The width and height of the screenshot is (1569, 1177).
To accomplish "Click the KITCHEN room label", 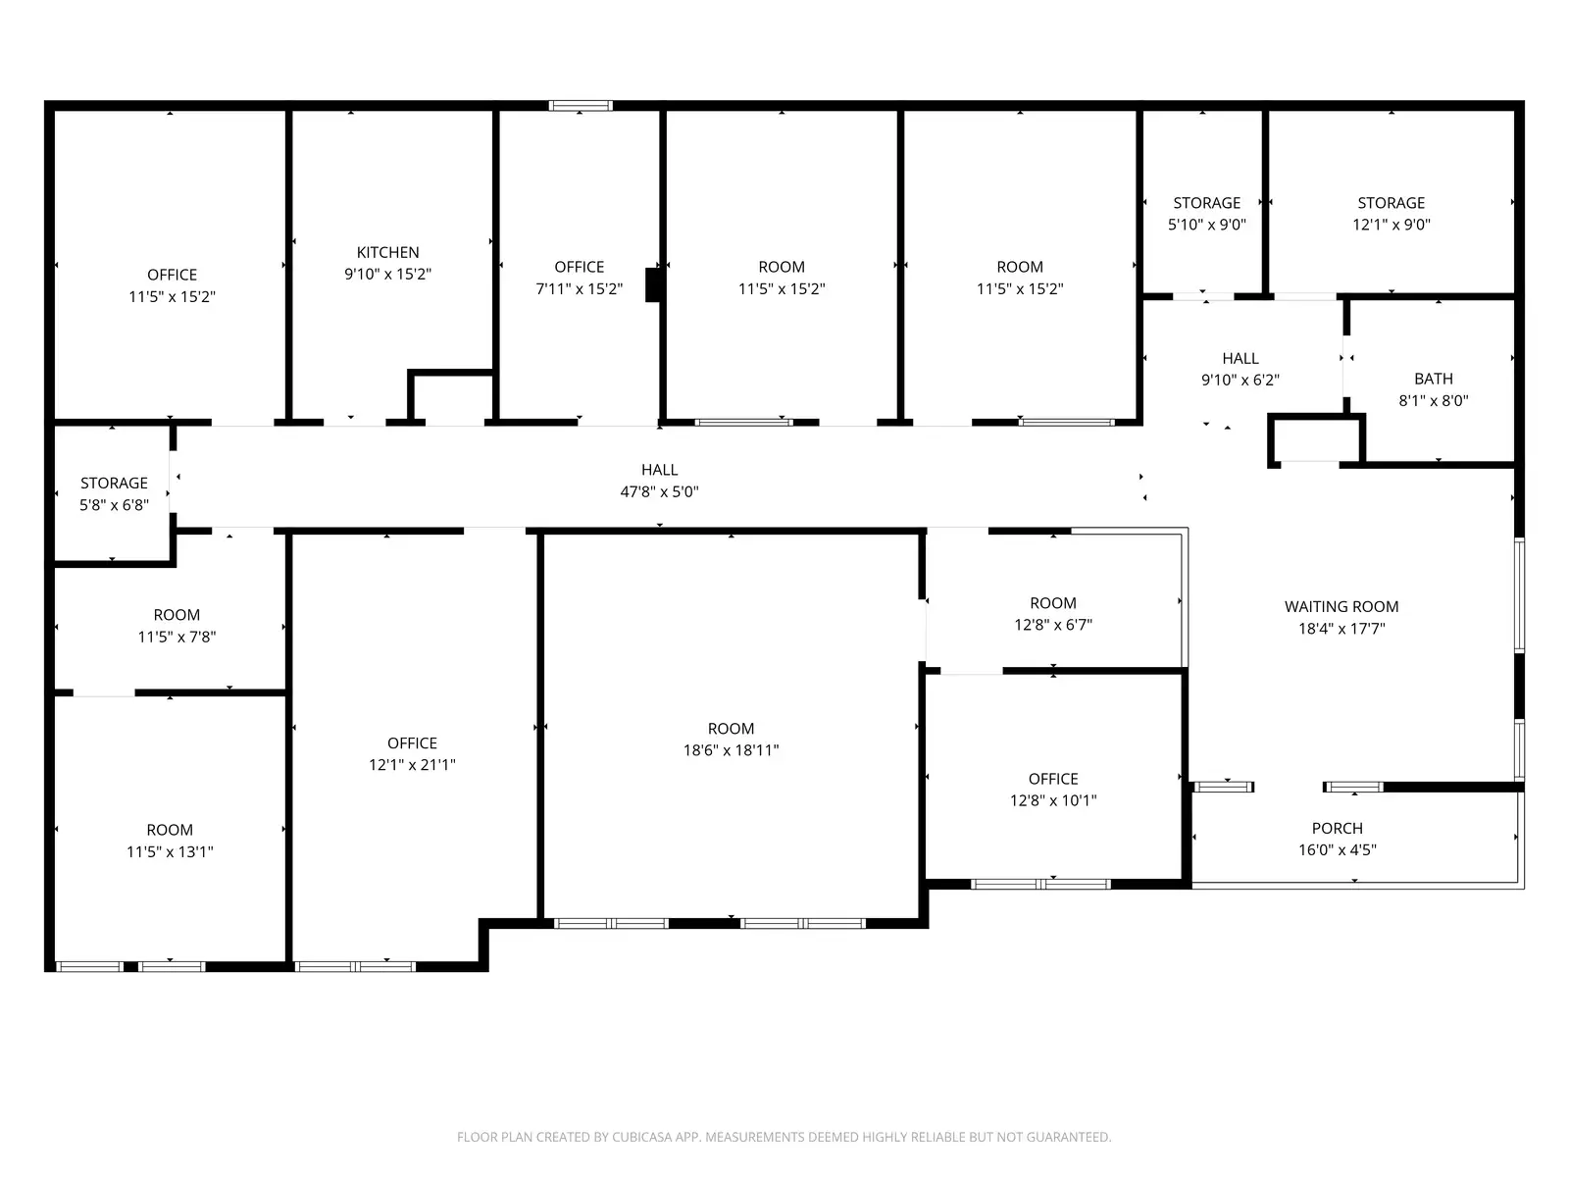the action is pos(387,252).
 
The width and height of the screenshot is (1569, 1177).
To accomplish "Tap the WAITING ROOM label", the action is pos(1341,607).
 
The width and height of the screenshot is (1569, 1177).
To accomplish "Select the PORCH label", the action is pos(1337,828).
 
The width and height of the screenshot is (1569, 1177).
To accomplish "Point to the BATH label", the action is pos(1434,379).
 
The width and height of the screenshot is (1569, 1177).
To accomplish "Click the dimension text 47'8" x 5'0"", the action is pos(659,491).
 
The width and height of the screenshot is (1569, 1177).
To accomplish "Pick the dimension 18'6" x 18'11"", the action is pos(731,750).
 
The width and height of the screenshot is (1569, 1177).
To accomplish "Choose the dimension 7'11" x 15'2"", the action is pos(579,288).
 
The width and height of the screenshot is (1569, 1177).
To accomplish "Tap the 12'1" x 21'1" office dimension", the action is pos(412,765).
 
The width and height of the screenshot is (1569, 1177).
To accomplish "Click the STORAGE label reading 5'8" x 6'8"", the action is pos(114,484).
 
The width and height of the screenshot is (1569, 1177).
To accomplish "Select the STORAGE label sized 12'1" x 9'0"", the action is pos(1391,203).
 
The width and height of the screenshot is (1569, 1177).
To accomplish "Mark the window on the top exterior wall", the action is pos(581,106).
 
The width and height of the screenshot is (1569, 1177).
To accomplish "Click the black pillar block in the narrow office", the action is pos(653,284).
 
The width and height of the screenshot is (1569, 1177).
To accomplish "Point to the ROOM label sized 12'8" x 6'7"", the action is pos(1053,603).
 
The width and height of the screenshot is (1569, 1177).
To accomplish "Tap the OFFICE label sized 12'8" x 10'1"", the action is pos(1053,779).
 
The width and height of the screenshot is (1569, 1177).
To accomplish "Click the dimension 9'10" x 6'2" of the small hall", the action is pos(1240,381).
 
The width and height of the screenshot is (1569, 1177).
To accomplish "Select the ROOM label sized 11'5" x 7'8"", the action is pos(177,615).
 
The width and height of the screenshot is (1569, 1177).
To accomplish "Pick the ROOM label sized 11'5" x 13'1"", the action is pos(170,830).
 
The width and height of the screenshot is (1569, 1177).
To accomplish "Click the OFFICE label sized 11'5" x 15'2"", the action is pos(172,276).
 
